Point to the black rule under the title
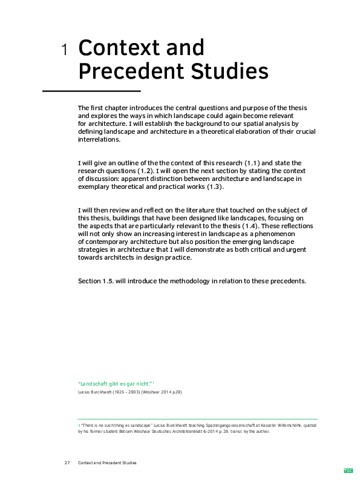point(91,91)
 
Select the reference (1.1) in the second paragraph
point(251,163)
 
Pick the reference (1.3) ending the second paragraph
point(214,187)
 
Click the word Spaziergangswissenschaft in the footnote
point(201,426)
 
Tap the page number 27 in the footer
point(67,463)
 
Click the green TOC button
point(348,470)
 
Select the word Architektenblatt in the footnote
point(184,432)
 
